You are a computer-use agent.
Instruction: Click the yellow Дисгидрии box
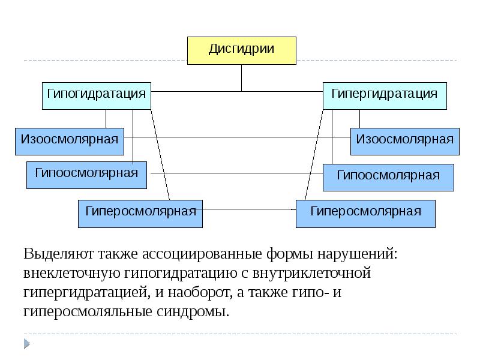(x=242, y=50)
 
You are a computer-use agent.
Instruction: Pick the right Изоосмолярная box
(x=405, y=141)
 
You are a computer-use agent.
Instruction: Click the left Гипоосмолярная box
(x=86, y=175)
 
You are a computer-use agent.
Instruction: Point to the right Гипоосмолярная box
(x=388, y=177)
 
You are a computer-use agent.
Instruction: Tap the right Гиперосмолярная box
(x=365, y=214)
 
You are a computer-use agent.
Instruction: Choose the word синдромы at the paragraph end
(x=198, y=312)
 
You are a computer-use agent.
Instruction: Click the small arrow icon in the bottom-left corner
(x=27, y=344)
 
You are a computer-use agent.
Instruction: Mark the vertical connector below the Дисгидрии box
(x=242, y=77)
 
